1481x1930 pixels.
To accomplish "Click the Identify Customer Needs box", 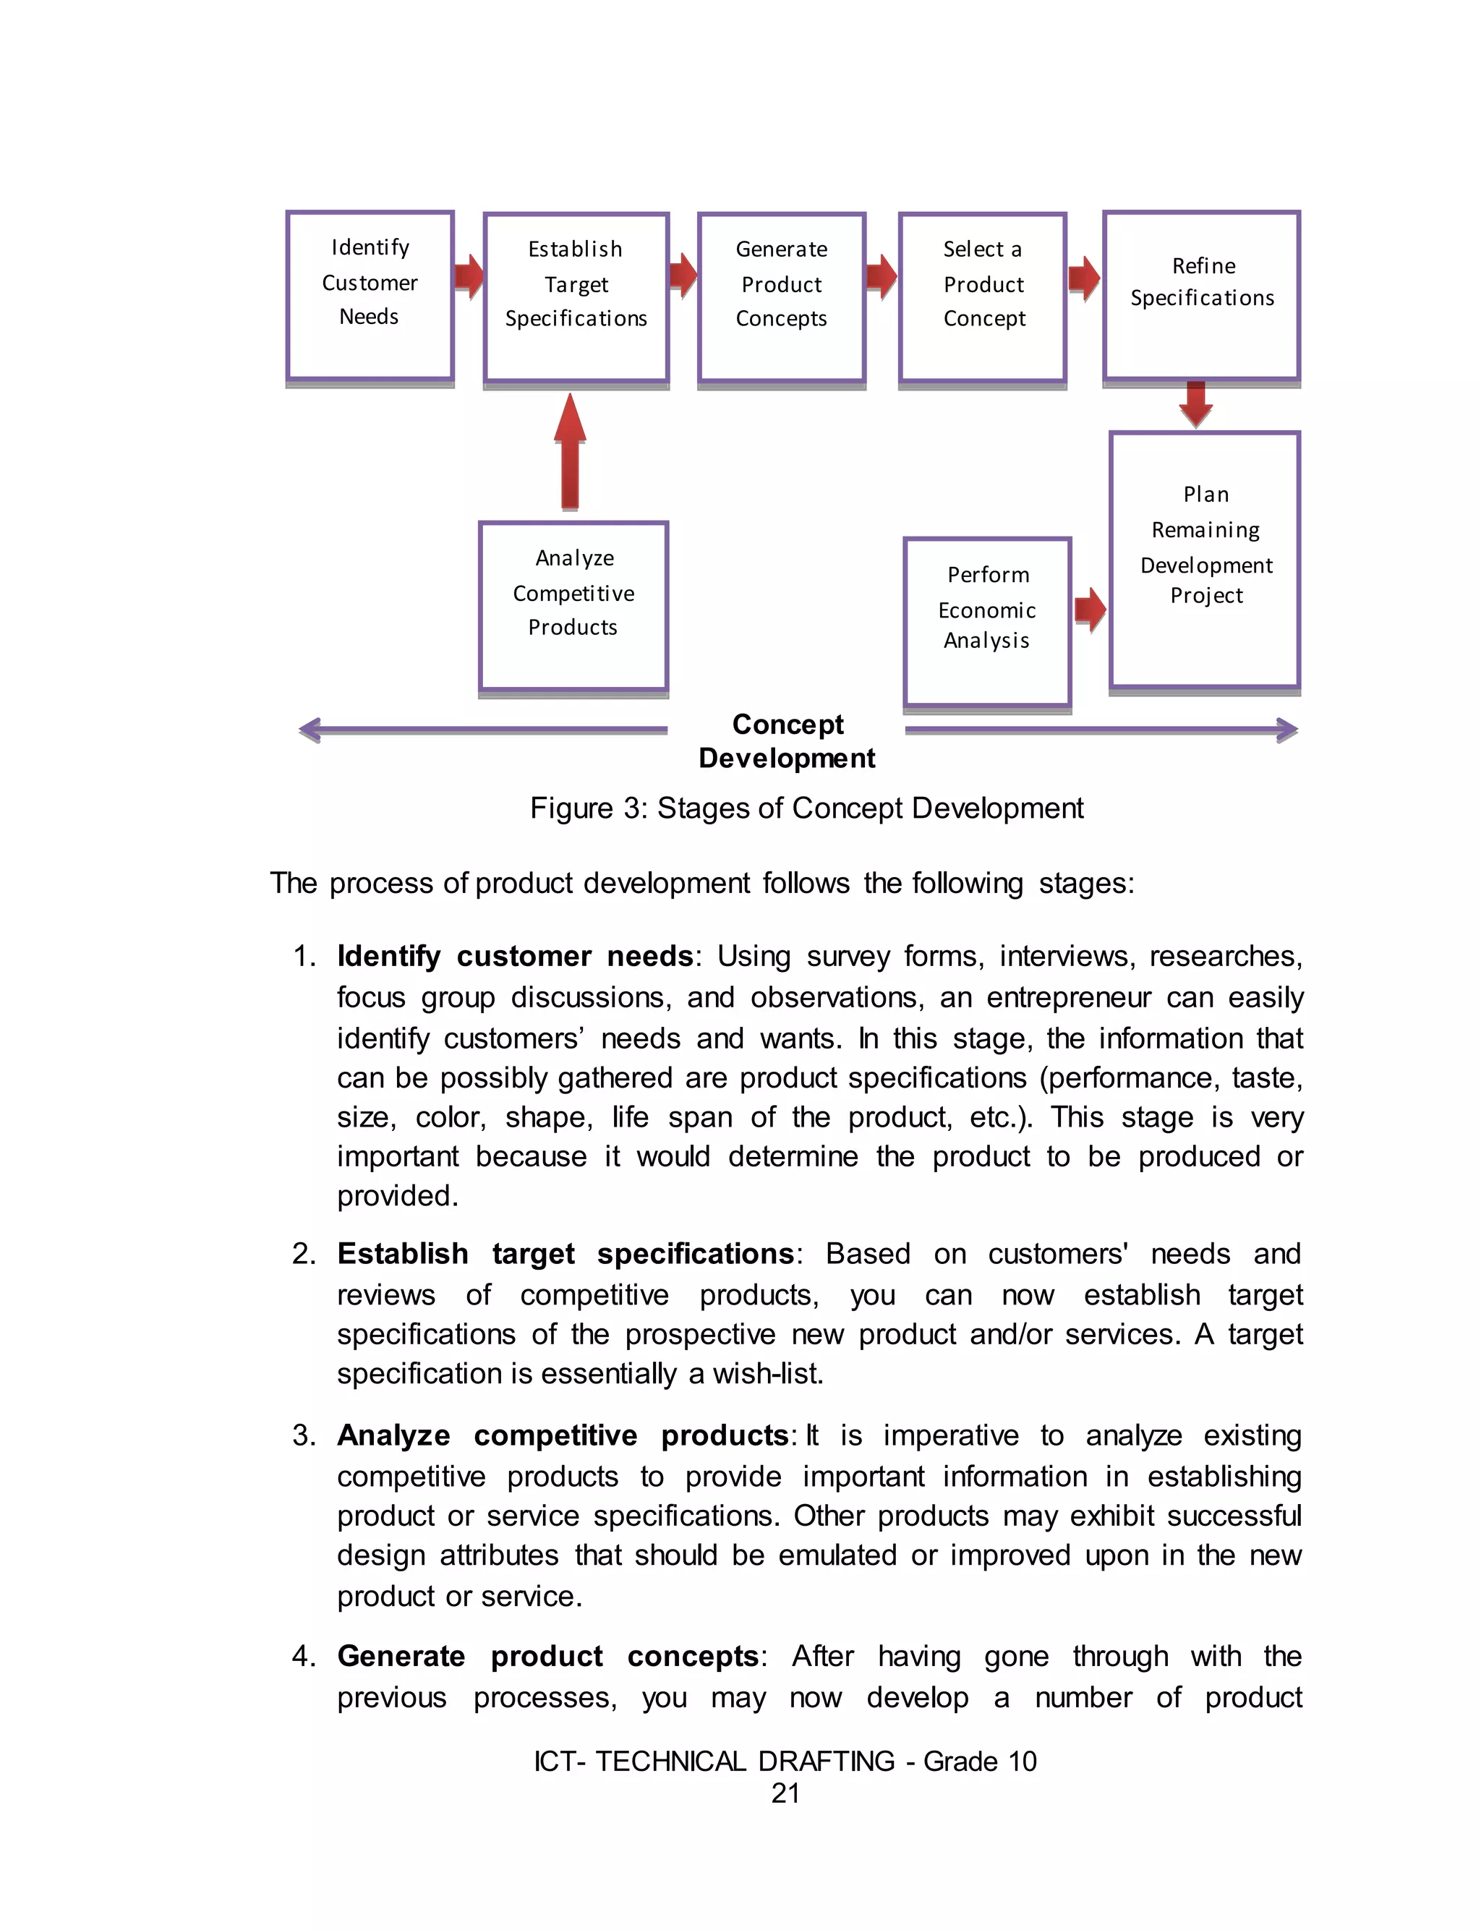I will coord(370,295).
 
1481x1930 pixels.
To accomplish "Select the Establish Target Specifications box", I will coord(576,297).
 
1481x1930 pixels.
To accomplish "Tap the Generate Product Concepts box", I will coord(781,297).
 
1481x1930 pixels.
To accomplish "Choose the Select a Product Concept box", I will coord(983,297).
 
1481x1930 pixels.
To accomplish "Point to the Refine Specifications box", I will coord(1202,295).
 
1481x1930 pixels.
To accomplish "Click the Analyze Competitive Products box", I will coord(573,605).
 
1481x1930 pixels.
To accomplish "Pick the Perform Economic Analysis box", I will coord(987,620).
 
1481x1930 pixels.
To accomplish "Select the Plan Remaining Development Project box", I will coord(1205,560).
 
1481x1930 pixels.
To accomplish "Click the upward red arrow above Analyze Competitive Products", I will coord(571,451).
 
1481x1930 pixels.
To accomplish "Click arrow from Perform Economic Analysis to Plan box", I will coord(1091,609).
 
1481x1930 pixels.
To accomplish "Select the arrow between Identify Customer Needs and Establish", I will coord(469,277).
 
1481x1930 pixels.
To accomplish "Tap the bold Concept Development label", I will coord(788,741).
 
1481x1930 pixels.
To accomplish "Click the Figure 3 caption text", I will coord(806,808).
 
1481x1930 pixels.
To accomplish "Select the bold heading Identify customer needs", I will coord(515,956).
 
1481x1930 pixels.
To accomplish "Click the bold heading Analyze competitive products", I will coord(563,1435).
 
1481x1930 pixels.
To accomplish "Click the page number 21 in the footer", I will coord(785,1793).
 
